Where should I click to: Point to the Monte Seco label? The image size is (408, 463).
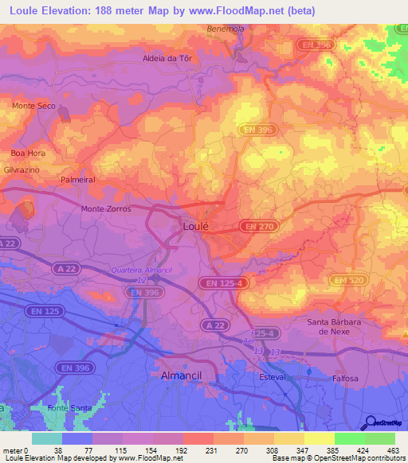[x=33, y=106]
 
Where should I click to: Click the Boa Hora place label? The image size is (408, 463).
[x=25, y=152]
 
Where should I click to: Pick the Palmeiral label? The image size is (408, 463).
[x=78, y=180]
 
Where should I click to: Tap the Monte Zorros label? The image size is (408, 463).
[x=105, y=208]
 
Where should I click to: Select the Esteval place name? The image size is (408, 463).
[x=273, y=376]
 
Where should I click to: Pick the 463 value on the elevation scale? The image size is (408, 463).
[x=394, y=449]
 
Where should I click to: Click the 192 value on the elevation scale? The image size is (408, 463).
[x=182, y=449]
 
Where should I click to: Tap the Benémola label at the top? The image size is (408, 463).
[x=246, y=28]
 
